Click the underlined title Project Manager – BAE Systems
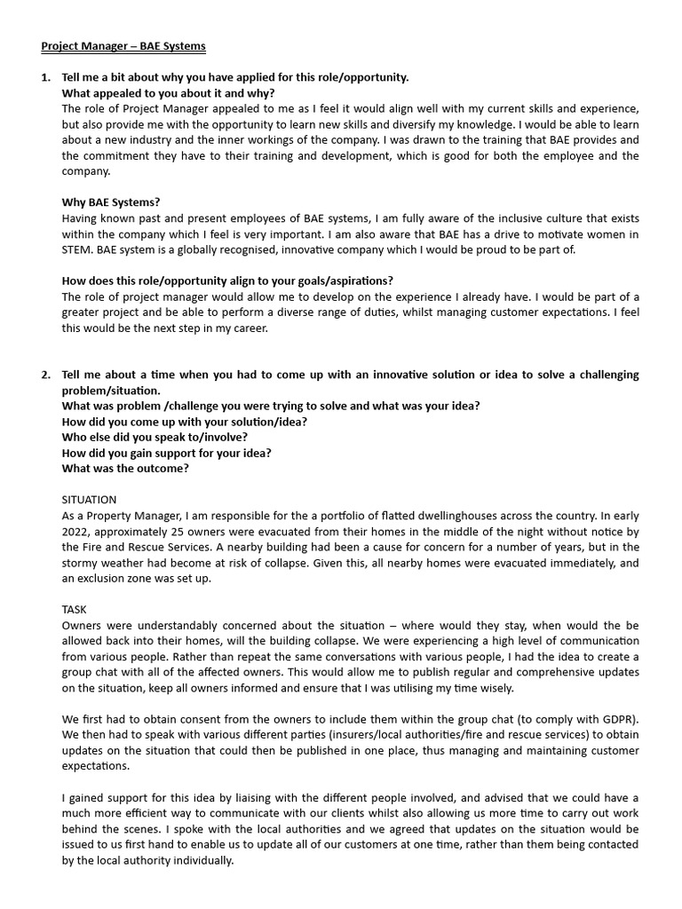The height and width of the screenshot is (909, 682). point(123,45)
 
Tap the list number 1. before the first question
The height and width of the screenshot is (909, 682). point(46,77)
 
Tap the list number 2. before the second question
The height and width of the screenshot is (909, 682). point(46,375)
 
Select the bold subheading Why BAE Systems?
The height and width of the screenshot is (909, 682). point(111,202)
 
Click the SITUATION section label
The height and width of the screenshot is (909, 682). point(89,500)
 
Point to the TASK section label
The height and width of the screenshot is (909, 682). point(75,609)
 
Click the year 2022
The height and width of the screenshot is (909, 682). point(77,532)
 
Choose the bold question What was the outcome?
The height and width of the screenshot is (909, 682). point(125,469)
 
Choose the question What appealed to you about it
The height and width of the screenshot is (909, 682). point(168,93)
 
